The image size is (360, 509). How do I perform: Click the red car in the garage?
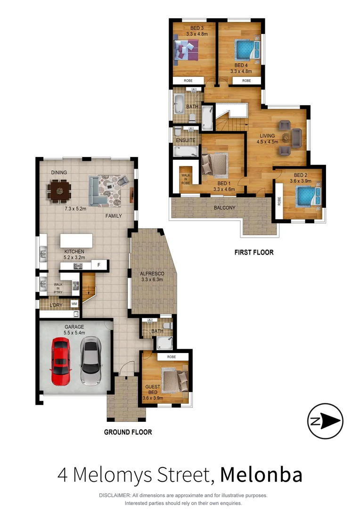click(x=61, y=362)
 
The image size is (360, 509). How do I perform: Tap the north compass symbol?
click(x=325, y=421)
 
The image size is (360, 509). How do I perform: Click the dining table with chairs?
click(x=59, y=191)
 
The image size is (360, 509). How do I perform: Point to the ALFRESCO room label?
click(x=152, y=273)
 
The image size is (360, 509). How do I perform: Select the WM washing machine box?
click(x=74, y=304)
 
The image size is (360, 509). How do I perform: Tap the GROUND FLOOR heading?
click(x=128, y=432)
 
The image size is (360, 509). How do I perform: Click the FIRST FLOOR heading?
click(x=254, y=252)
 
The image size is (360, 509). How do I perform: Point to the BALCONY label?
click(x=224, y=207)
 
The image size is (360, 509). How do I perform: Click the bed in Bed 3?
click(x=186, y=49)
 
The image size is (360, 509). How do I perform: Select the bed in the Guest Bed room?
click(x=174, y=380)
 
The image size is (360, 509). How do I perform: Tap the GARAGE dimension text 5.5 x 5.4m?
click(x=74, y=333)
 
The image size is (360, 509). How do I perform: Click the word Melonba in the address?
click(x=261, y=475)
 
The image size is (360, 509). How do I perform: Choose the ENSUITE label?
click(x=185, y=140)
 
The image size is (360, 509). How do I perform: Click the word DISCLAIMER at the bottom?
click(x=115, y=495)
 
